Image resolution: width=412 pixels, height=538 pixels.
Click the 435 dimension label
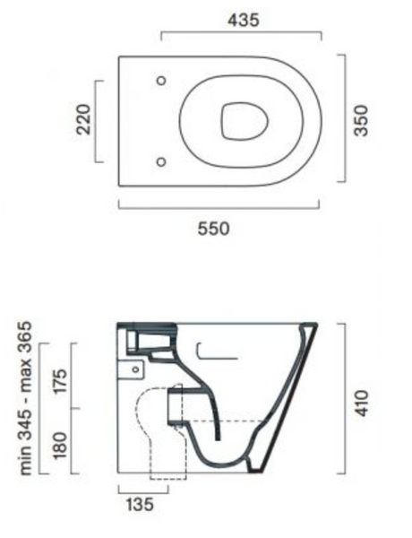pos(244,21)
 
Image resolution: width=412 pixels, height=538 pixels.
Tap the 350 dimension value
pos(361,121)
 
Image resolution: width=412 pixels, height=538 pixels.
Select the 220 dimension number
pos(84,119)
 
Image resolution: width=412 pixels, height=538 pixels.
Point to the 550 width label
pos(213,229)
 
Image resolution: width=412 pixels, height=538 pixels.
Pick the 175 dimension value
pos(61,382)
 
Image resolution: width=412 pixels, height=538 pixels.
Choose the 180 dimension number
pos(60,445)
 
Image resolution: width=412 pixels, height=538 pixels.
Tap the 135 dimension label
pos(140,505)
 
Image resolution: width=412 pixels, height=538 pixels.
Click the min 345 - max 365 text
pos(26,398)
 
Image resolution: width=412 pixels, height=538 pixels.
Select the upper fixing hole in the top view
pos(161,81)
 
